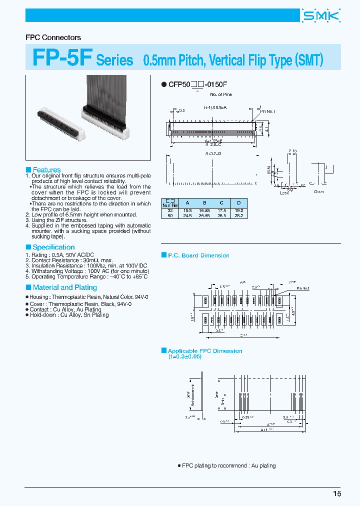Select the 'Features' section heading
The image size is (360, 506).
click(46, 170)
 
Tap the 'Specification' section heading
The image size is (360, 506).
click(53, 247)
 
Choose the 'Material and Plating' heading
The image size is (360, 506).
click(64, 287)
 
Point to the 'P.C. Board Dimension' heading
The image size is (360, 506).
click(198, 255)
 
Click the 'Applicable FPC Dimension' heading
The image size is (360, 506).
click(204, 351)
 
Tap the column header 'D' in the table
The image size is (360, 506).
click(239, 202)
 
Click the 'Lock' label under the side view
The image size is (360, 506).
click(284, 192)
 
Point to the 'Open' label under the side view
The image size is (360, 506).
click(318, 191)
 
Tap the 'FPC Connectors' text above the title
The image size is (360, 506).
click(53, 37)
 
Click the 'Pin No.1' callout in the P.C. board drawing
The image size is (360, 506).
click(303, 288)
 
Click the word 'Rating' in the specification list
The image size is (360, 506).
click(40, 255)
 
